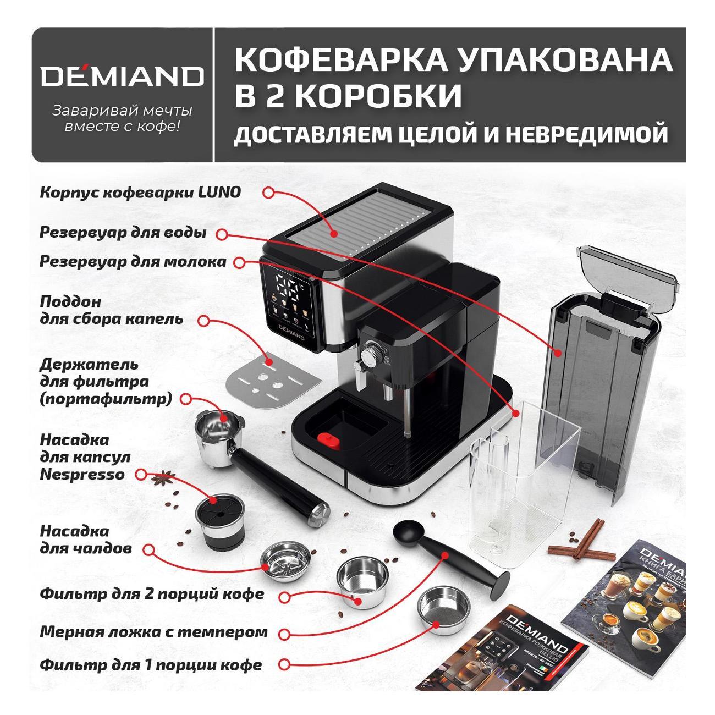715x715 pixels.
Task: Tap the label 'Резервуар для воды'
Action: pos(123,233)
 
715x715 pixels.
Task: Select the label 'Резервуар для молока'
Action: pos(133,261)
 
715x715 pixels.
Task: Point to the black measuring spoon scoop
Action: pos(409,530)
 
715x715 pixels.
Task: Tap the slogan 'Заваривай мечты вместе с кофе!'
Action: pos(122,118)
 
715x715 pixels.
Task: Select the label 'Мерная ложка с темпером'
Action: pos(153,632)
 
